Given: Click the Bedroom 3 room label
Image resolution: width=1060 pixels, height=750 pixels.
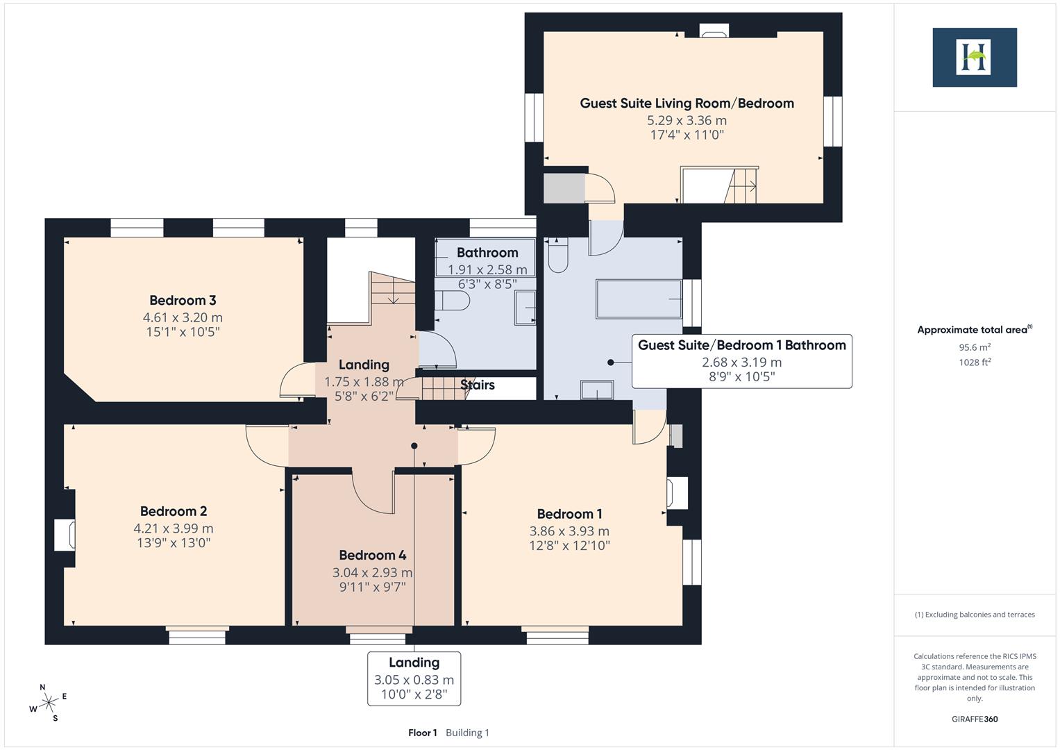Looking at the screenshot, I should (183, 301).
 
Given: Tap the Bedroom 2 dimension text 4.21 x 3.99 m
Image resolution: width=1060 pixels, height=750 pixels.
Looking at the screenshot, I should (174, 528).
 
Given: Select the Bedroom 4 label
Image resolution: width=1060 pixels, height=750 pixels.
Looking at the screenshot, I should (372, 556).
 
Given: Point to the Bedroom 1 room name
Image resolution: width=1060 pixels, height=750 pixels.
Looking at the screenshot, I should (569, 514).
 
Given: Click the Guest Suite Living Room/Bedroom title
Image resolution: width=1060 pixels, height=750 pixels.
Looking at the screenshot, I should (687, 103).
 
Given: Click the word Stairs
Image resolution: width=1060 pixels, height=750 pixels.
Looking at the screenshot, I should (478, 385).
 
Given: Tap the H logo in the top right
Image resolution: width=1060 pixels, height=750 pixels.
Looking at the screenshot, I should (974, 57).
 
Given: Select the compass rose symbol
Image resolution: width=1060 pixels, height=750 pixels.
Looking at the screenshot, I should (49, 703).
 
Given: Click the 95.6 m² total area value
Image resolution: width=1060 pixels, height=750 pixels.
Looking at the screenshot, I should (974, 347).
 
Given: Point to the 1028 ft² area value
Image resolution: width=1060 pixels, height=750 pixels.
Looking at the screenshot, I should (974, 362).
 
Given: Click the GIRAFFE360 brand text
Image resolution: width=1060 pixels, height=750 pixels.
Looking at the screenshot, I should (974, 719).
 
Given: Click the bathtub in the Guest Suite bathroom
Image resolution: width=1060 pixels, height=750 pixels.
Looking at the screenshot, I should (639, 299).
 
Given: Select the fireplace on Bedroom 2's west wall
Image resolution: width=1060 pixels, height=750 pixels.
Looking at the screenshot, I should (65, 535).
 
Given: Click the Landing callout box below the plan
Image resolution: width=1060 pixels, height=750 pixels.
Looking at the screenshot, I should (414, 678).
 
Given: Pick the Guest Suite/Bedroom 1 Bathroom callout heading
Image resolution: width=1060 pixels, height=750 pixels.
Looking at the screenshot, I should (741, 345).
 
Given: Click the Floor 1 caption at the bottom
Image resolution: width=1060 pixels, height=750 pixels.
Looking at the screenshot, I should (422, 733).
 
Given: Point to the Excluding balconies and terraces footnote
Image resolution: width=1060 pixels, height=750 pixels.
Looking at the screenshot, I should (974, 615).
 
